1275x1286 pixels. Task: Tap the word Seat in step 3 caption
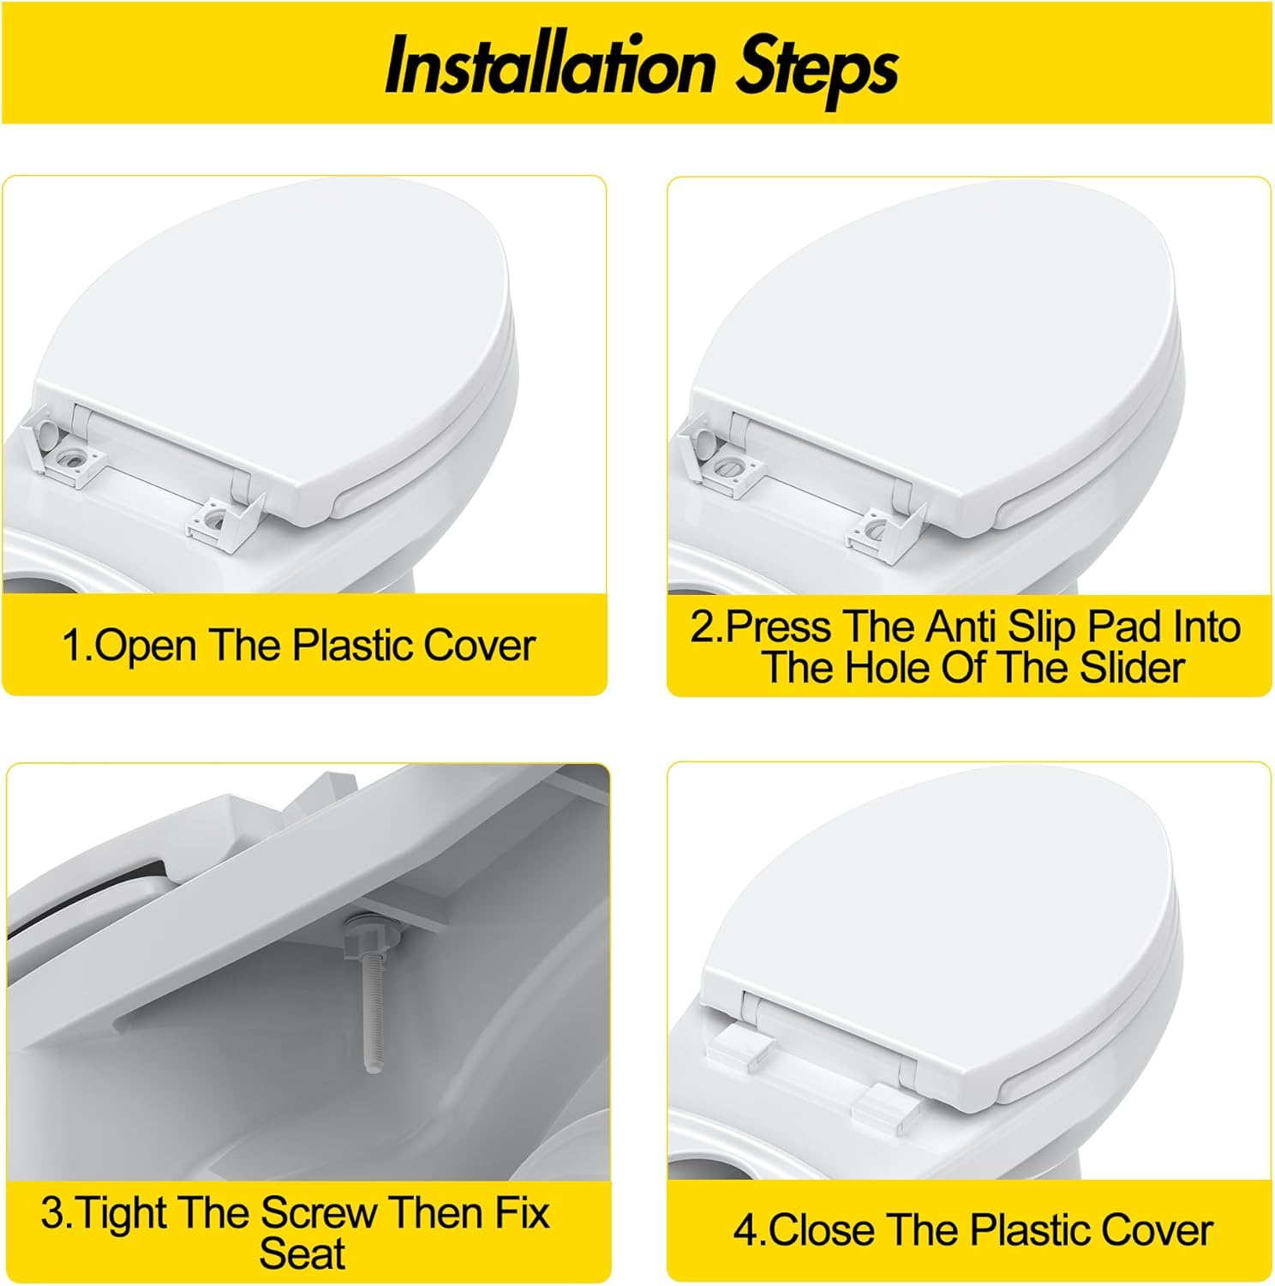tap(302, 1253)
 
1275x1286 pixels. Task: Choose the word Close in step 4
tap(823, 1230)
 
